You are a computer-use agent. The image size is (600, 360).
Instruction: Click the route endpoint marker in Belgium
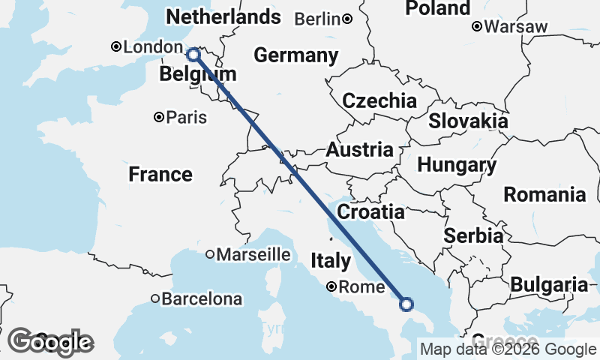pos(193,54)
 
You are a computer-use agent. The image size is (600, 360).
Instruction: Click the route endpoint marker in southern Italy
pos(406,304)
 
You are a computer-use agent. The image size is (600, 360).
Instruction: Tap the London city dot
pos(116,46)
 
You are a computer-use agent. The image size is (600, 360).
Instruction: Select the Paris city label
pos(186,118)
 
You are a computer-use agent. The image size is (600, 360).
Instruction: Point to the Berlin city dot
pos(347,19)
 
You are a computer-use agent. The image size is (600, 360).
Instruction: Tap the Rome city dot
pos(331,286)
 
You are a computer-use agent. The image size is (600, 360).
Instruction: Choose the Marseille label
pos(253,255)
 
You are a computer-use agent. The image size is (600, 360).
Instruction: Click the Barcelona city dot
pos(155,298)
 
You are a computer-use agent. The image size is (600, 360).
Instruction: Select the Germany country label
pos(295,55)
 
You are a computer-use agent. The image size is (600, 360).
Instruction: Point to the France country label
pos(160,175)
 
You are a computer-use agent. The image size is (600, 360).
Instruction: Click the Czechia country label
pos(379,101)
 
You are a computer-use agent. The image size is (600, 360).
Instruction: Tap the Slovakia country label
pos(468,121)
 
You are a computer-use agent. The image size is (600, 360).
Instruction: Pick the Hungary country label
pos(457,165)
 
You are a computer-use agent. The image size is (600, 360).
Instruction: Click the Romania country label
pos(544,195)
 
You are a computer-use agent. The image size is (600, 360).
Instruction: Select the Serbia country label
pos(473,235)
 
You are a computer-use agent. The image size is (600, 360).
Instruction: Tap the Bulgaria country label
pos(549,285)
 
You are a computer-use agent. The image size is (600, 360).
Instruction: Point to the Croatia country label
pos(370,212)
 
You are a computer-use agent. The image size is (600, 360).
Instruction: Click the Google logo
pos(50,342)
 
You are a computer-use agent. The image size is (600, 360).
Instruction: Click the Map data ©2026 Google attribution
pos(508,349)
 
